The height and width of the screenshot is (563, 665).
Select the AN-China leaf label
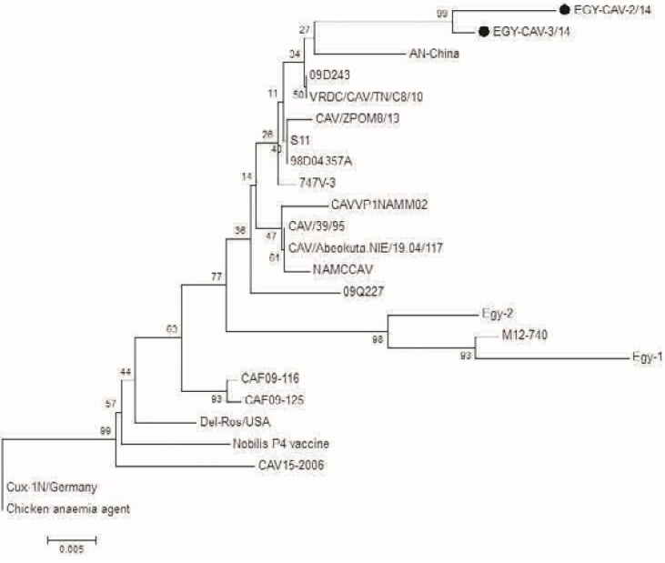(429, 53)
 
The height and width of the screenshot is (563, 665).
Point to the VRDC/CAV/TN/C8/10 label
(364, 95)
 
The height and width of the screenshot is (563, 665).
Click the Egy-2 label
(494, 315)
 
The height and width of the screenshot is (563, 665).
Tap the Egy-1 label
(646, 357)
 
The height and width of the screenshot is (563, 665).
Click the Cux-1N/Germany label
(52, 488)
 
